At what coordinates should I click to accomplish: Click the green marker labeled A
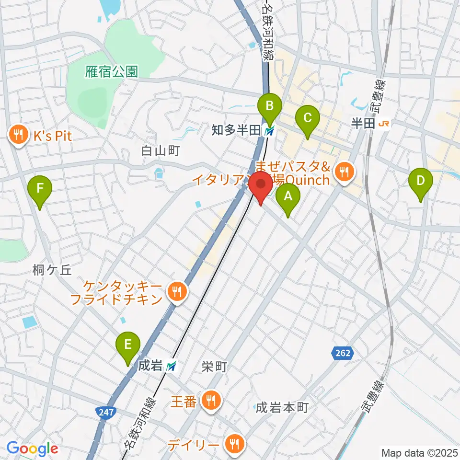[x=288, y=196]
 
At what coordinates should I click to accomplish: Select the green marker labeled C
[x=307, y=118]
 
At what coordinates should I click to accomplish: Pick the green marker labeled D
[x=421, y=182]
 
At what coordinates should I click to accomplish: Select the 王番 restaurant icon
[x=210, y=401]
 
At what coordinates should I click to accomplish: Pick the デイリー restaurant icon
[x=234, y=445]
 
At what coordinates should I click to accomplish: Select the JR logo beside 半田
[x=384, y=124]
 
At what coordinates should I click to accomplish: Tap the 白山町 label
[x=160, y=151]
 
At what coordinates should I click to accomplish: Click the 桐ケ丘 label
[x=52, y=270]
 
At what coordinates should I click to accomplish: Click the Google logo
[x=32, y=448]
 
